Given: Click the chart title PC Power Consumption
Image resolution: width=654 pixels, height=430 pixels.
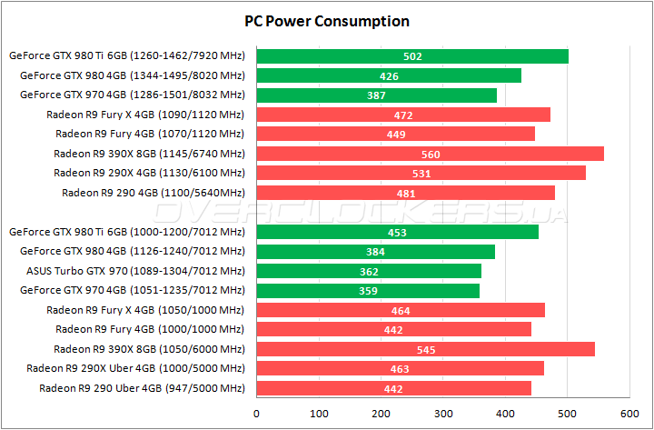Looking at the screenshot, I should pos(327,21).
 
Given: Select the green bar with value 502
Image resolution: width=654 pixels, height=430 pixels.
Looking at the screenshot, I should pos(412,56).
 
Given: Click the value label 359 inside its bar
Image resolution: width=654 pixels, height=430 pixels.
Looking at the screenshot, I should pos(368,291).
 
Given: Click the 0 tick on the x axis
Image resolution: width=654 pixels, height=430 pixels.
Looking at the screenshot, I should pos(257,414).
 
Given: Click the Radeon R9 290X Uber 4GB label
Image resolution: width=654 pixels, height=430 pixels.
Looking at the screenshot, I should pos(135,368).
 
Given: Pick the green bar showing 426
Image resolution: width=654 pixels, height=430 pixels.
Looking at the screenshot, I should pos(389,75).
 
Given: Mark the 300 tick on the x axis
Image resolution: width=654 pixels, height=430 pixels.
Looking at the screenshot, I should pos(443,414).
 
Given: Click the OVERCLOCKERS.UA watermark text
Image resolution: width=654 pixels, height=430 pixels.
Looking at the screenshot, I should pos(363,213).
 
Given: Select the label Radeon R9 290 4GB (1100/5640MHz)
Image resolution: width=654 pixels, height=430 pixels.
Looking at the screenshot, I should pos(153,193).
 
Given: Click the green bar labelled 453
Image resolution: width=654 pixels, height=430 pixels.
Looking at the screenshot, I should pos(397,232).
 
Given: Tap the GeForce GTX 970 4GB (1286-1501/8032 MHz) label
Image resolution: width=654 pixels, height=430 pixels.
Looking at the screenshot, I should pos(132,95).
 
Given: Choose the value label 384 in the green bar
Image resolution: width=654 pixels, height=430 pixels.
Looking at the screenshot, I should pos(375,252).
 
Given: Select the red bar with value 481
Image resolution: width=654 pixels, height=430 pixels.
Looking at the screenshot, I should pos(406,193).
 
